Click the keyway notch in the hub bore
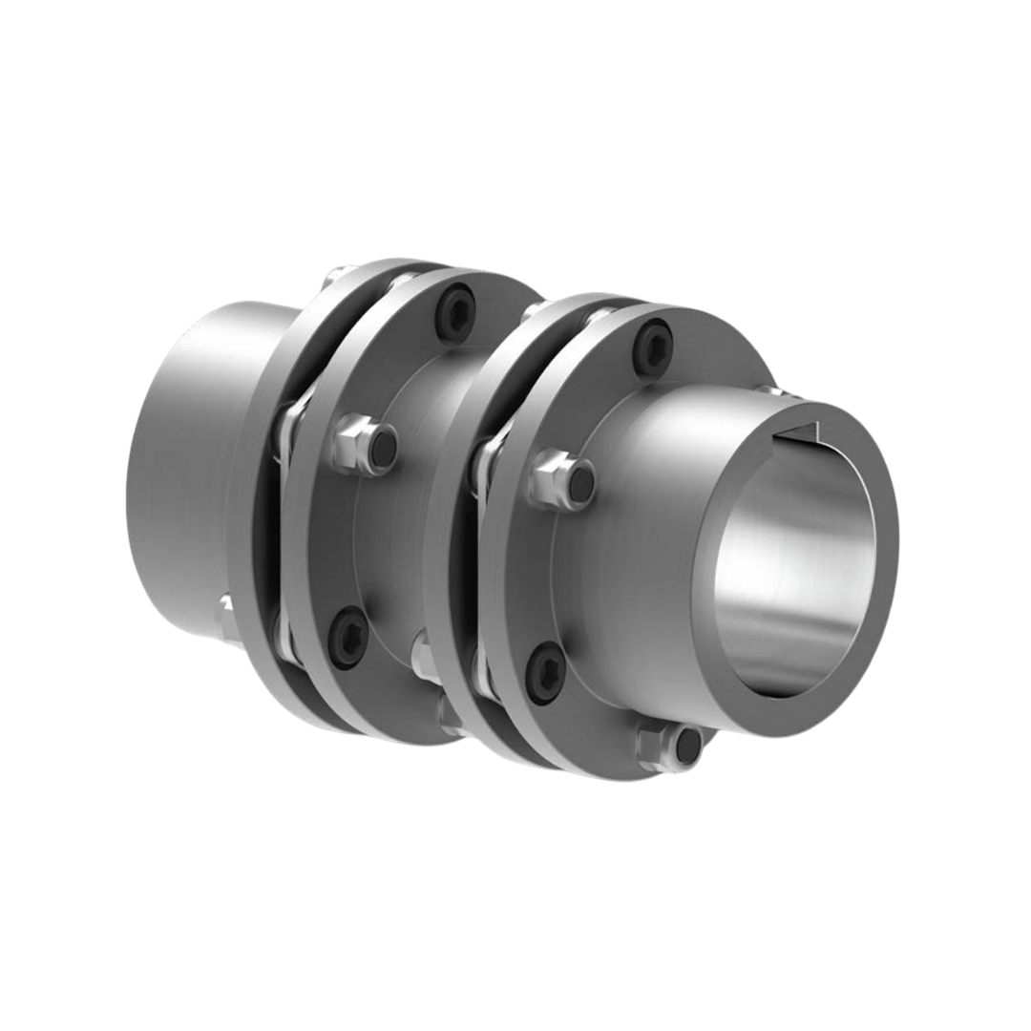pyautogui.click(x=800, y=438)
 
